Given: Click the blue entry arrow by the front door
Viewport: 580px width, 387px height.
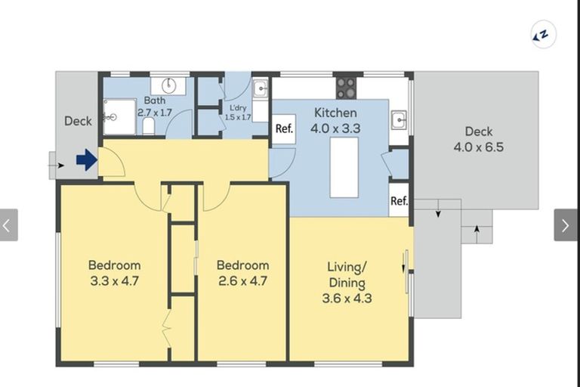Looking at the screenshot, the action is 87,160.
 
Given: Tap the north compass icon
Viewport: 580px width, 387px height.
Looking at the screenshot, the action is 543,35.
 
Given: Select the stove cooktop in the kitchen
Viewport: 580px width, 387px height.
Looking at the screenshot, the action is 346,88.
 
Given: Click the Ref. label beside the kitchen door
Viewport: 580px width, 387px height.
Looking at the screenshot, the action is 284,128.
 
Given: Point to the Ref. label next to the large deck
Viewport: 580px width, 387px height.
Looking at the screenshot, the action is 399,201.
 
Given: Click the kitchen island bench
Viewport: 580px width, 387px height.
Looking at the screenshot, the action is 344,167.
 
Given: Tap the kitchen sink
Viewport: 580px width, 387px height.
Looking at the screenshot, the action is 399,119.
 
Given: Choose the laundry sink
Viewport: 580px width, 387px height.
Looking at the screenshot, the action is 261,88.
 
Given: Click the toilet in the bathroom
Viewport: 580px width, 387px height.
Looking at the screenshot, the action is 148,126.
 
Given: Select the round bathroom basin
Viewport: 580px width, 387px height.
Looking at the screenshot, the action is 168,86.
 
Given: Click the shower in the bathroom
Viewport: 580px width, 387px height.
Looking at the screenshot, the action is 119,117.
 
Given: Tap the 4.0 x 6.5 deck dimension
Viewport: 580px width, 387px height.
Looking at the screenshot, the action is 479,147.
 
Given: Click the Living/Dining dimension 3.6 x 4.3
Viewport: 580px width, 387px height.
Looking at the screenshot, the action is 347,298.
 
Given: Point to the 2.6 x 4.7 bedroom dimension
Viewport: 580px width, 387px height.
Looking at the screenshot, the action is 242,280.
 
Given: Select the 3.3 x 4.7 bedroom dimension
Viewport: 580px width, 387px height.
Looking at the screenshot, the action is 114,280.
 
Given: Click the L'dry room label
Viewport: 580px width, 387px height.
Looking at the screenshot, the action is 238,108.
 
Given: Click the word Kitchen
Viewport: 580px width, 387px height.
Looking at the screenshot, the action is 335,113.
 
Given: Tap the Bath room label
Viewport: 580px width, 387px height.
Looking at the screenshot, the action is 155,101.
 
